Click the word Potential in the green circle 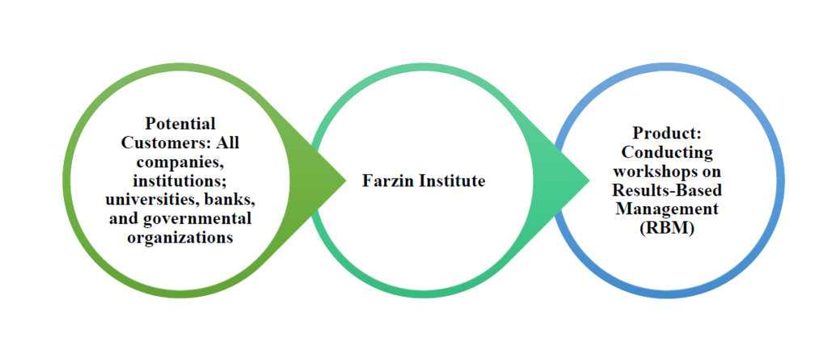pyautogui.click(x=180, y=124)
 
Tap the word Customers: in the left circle pyautogui.click(x=162, y=143)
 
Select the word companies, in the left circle pyautogui.click(x=180, y=162)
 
